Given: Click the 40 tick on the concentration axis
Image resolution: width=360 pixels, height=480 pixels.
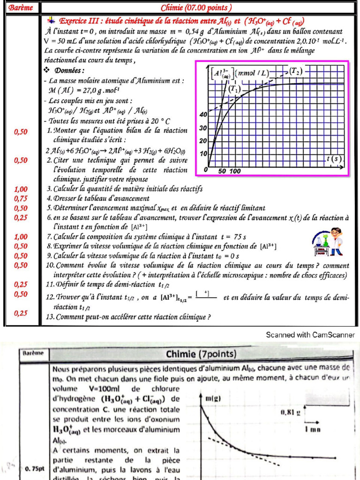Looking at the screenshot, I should click(x=203, y=115).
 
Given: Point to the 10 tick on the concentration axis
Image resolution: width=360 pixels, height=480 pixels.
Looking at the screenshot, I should click(x=203, y=154).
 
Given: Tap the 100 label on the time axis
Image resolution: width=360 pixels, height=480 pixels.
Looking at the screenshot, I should click(x=235, y=171).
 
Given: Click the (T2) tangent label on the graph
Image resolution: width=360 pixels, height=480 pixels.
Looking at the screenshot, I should click(x=295, y=71).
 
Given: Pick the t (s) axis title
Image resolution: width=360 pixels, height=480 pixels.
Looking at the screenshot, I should click(x=336, y=159).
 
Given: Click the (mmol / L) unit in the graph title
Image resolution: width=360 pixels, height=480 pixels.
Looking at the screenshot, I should click(x=253, y=73).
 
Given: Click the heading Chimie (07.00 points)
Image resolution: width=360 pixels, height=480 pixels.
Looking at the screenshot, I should click(x=196, y=7).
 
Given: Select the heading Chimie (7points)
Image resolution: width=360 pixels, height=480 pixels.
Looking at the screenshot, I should click(x=201, y=353).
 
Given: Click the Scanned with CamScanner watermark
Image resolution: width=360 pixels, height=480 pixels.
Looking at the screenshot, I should click(x=310, y=335).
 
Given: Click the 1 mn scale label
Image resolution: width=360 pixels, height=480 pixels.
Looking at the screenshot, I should click(x=313, y=429).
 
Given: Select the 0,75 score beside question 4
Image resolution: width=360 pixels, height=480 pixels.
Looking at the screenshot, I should click(x=21, y=198).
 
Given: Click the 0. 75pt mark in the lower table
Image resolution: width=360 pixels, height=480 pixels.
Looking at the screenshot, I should click(x=34, y=469).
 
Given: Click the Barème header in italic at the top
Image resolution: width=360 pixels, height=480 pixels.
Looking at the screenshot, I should click(x=21, y=7).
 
